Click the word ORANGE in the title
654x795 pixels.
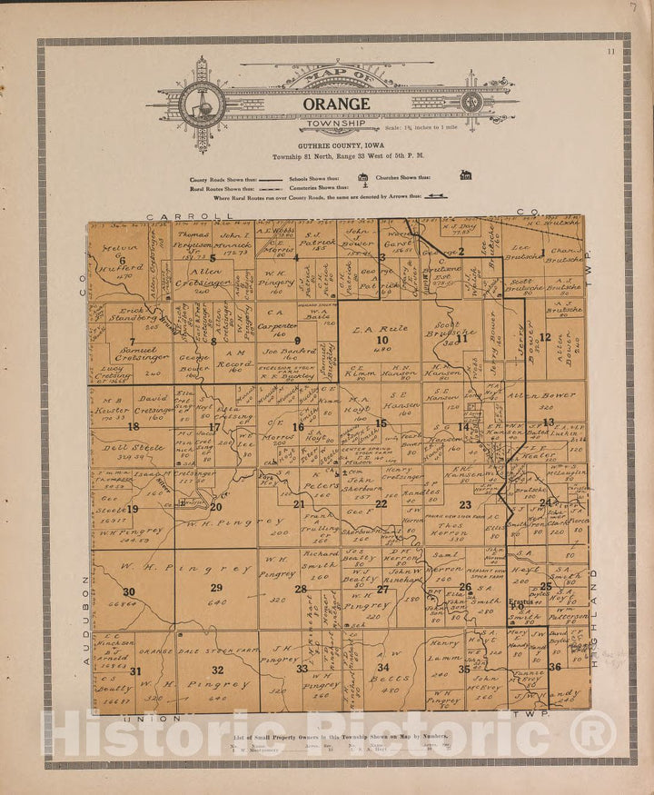click(336, 104)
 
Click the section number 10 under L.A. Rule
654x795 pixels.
click(382, 340)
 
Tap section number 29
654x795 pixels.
click(216, 588)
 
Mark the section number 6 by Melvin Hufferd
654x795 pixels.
click(122, 261)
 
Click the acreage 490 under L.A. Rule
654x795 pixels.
click(382, 350)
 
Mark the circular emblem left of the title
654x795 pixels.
click(202, 104)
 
